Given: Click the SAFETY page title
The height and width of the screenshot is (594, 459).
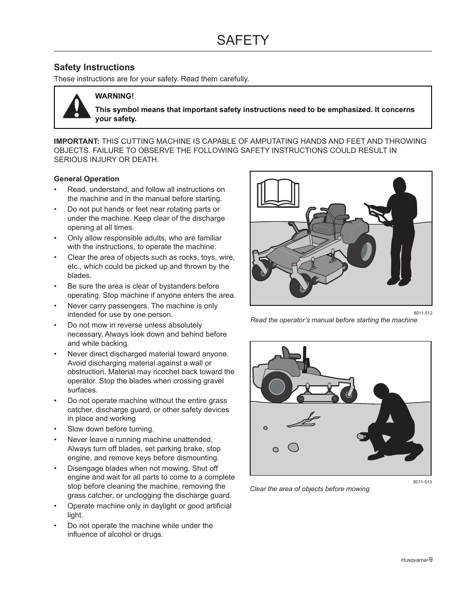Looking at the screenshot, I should point(242,40).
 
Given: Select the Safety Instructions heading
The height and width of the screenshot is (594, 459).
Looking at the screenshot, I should point(94,67).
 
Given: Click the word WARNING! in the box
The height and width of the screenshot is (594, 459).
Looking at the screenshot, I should point(114,96).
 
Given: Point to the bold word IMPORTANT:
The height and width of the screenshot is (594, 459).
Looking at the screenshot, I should point(76,141).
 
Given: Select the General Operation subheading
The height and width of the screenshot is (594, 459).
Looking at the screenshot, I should point(87,179).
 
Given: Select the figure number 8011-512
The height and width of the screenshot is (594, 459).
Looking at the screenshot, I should point(422,313).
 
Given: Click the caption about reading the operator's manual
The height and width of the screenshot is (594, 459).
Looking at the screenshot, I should point(333,320).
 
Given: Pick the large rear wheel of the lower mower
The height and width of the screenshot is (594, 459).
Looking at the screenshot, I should point(277,386).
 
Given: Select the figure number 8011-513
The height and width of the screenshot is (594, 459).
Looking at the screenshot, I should point(422,481).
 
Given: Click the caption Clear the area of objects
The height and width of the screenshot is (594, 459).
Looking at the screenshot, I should point(309,489).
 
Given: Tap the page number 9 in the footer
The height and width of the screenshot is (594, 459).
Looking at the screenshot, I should point(431,559).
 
